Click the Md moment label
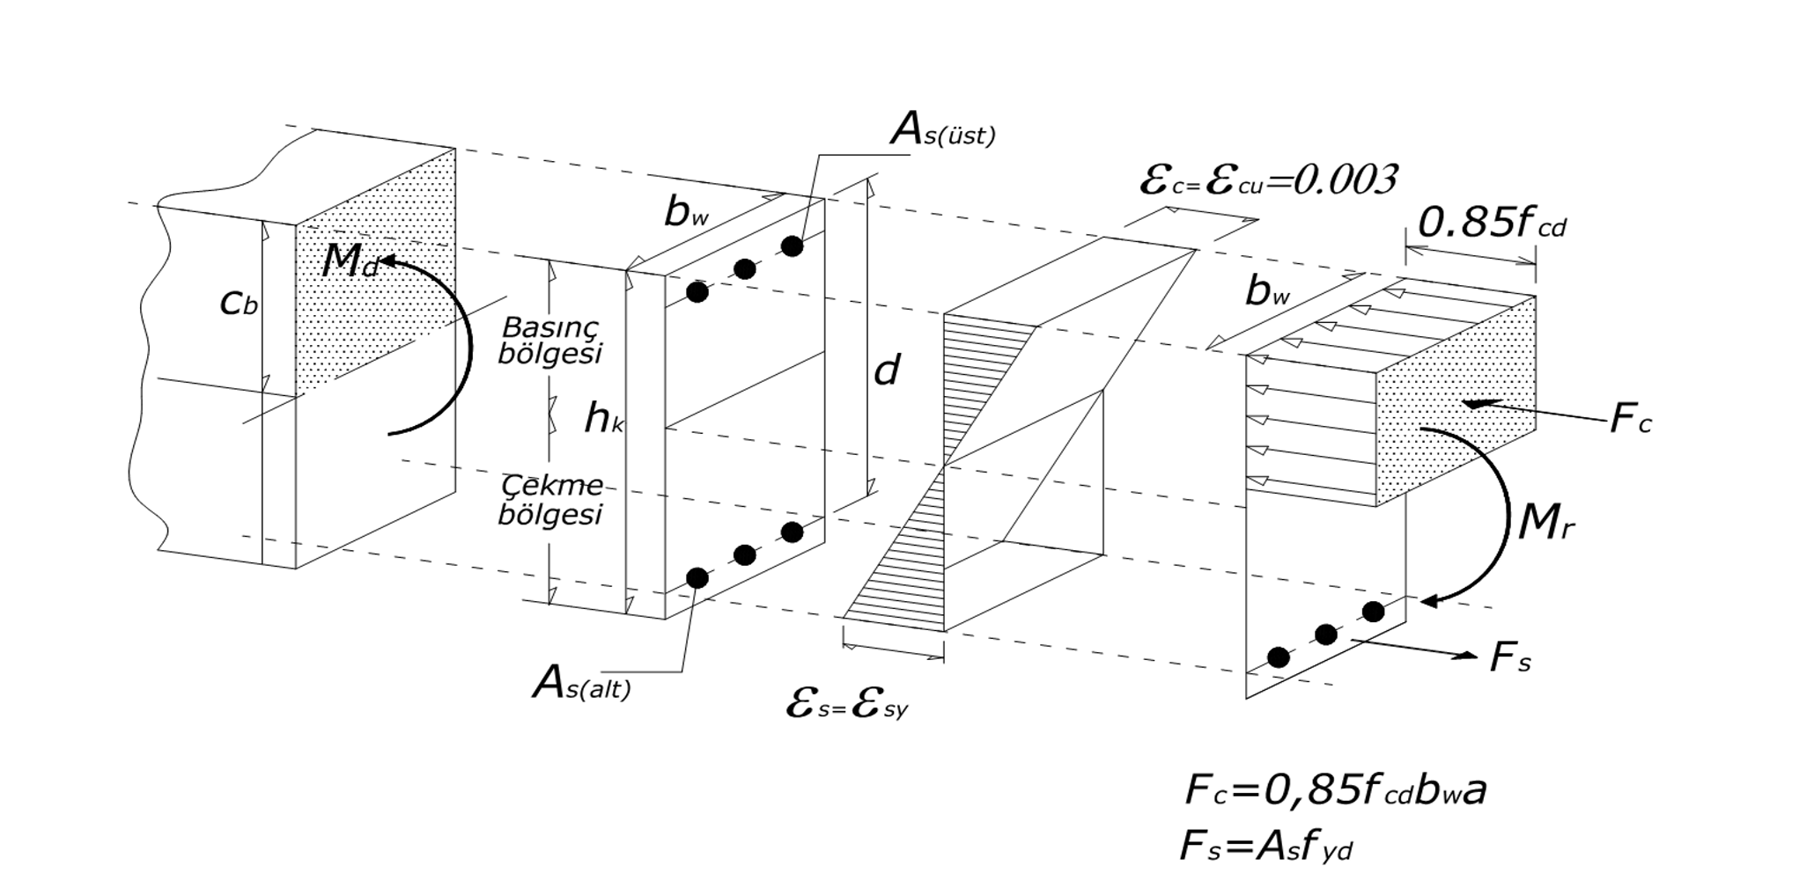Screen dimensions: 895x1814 tap(350, 261)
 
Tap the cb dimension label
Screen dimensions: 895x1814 tap(239, 304)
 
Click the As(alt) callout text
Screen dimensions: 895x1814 tap(582, 684)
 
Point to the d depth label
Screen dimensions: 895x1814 tap(886, 370)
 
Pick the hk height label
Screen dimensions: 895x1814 tap(604, 420)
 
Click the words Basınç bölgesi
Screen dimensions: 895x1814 tap(550, 340)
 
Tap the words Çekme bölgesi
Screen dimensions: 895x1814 tap(551, 499)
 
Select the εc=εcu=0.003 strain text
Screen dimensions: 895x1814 tap(1268, 180)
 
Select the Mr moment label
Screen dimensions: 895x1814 tap(1546, 525)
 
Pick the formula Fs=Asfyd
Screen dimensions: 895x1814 tap(1266, 847)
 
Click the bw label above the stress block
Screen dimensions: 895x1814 tap(1268, 291)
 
